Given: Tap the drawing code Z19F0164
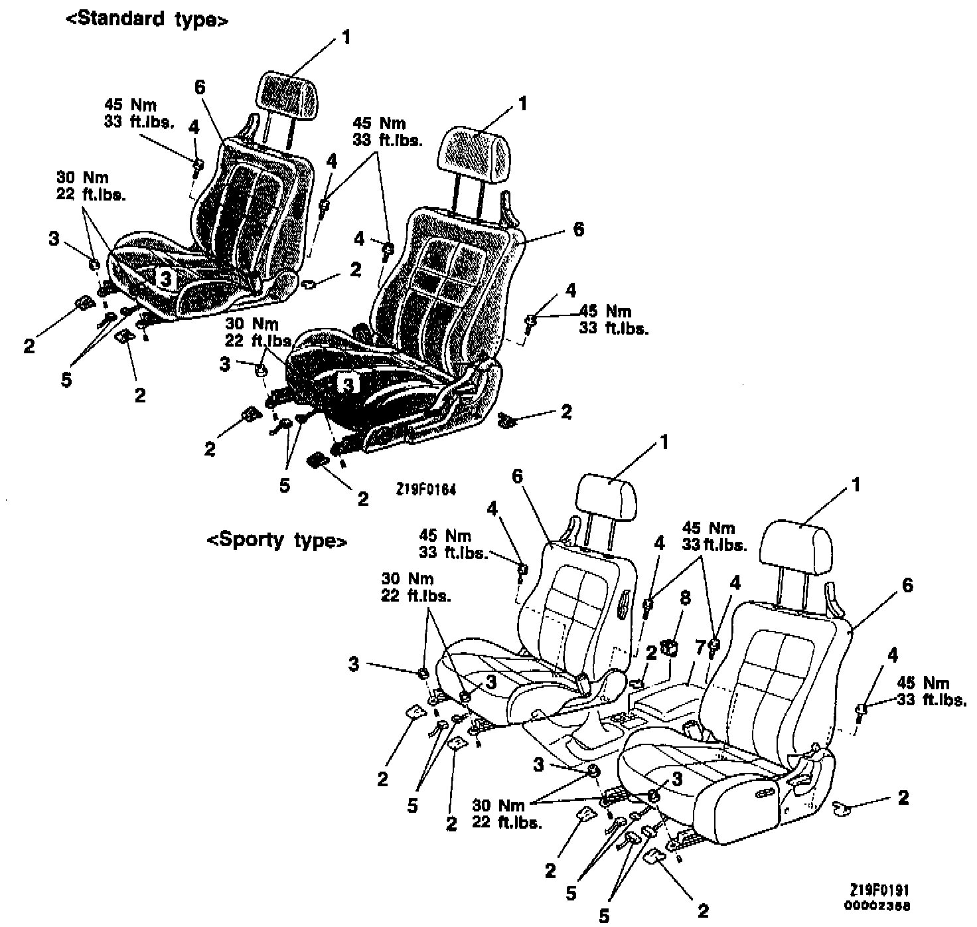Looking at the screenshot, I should pos(425,489).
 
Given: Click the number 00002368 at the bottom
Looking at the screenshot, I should pos(877,905).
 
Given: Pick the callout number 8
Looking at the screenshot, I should pos(685,598).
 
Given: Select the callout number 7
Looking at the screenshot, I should pos(700,647).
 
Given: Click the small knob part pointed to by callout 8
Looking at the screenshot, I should pos(670,646).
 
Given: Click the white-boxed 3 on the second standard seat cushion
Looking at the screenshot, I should pos(347,382).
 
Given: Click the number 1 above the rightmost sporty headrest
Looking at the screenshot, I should pos(856,485).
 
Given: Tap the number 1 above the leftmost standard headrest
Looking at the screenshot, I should pos(346,37).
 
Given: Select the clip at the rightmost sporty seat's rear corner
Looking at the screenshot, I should pos(840,807).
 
